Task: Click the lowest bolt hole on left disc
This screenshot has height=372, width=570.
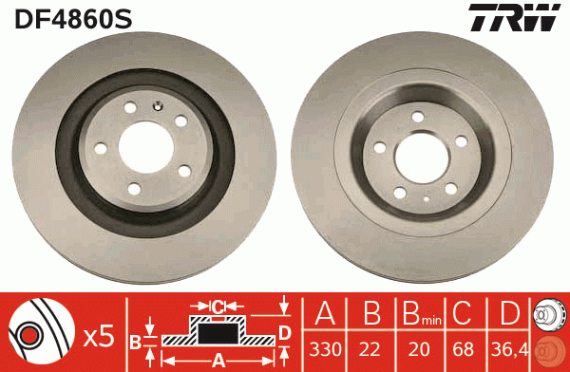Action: (x=133, y=186)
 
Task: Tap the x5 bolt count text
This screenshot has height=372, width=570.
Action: (x=98, y=334)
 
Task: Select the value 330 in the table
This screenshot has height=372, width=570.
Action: (x=325, y=349)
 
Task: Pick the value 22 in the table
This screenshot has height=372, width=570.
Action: (x=370, y=349)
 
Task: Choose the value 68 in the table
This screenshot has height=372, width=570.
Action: (x=464, y=349)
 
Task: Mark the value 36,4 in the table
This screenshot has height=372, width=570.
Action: (x=510, y=349)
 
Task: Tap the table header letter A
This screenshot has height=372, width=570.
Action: (x=325, y=315)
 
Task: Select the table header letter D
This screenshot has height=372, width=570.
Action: (x=510, y=315)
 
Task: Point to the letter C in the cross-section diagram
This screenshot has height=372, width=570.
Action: (x=218, y=307)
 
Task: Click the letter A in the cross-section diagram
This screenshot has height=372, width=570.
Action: (x=218, y=360)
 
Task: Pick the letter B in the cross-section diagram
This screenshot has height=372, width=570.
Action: (x=136, y=341)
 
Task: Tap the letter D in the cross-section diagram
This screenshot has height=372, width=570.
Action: (x=285, y=331)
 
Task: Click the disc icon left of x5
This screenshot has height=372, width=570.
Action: (x=41, y=332)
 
